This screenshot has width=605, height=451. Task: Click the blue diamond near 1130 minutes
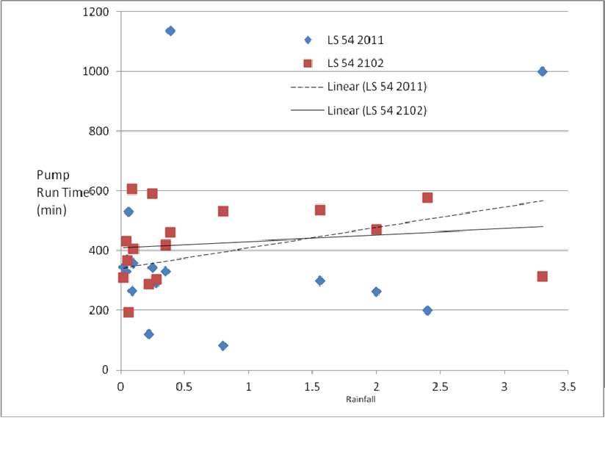coord(170,31)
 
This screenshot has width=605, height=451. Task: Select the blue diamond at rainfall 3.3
coord(542,71)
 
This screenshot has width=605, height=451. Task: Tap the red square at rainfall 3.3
coord(542,276)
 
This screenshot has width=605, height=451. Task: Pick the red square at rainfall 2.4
coord(427,198)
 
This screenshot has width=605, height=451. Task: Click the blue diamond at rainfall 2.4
coord(427,310)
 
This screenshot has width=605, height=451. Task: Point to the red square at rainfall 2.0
coord(377,230)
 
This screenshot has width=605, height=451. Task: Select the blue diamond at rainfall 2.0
coord(377,292)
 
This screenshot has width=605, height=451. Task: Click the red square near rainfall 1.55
coord(320,210)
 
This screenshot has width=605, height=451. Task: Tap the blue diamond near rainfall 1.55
coord(320,281)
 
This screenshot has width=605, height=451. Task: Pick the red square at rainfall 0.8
coord(223,212)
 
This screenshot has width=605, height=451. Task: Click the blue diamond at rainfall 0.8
coord(223,345)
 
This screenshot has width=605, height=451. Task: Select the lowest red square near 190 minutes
coord(128,312)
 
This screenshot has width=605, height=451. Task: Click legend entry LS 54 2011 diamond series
coord(355,40)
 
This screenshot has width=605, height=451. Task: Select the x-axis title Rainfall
coord(361,400)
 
